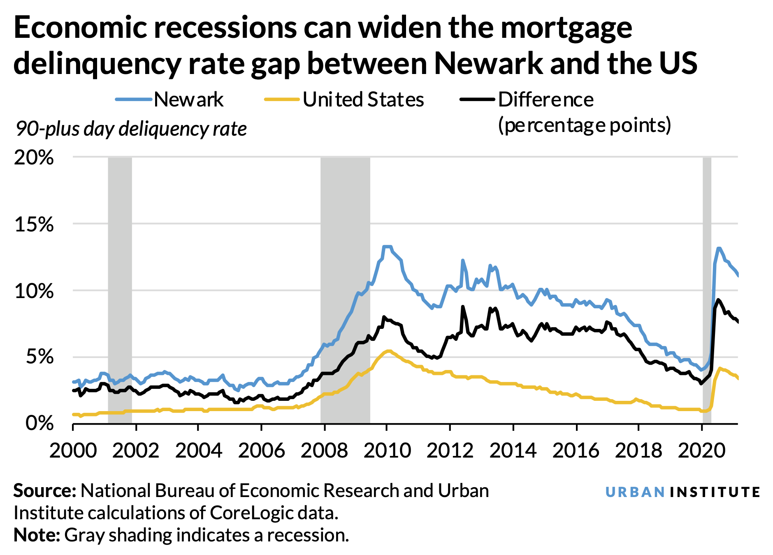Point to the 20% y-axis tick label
point(34,157)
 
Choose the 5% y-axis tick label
point(39,357)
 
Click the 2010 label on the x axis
point(387,451)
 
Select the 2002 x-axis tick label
point(135,451)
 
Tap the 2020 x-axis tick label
point(701,451)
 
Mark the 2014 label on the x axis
point(513,451)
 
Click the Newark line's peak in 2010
point(387,247)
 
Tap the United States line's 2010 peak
point(388,351)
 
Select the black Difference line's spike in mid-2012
point(462,306)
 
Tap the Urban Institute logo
point(682,492)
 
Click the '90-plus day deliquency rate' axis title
point(131,129)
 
